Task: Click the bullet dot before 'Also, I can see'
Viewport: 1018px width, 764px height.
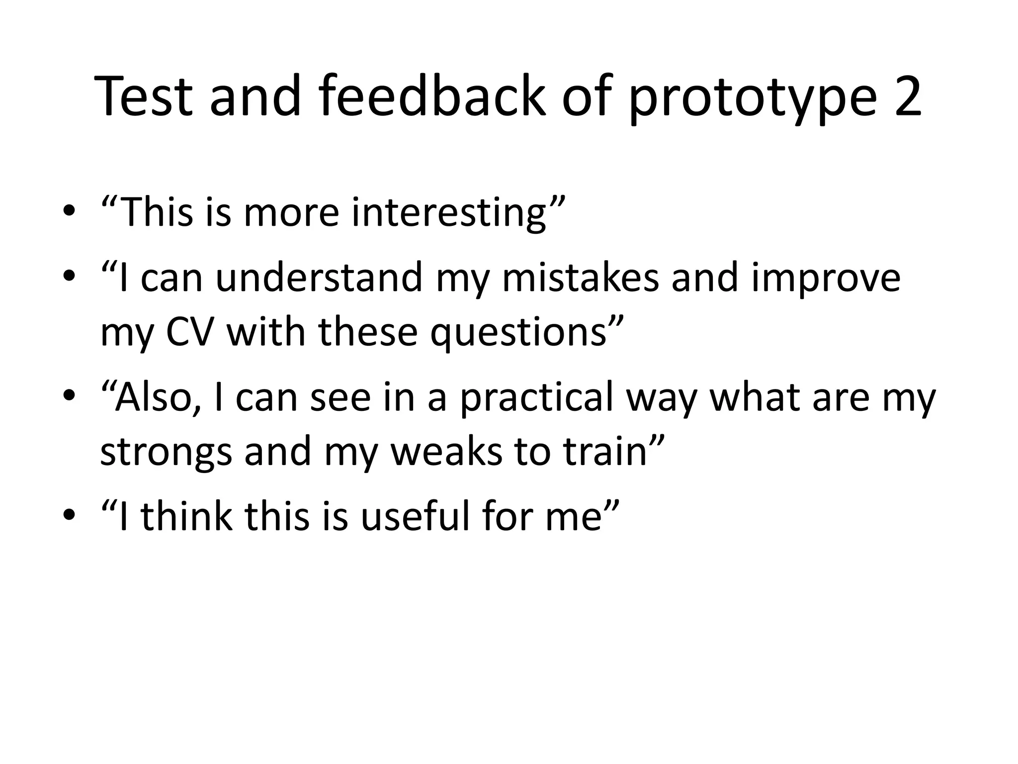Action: coord(69,396)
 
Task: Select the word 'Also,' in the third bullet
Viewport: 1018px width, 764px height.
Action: coord(152,398)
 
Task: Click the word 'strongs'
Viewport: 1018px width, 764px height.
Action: coord(166,453)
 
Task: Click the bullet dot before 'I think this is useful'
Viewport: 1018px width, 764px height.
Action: coord(69,515)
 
